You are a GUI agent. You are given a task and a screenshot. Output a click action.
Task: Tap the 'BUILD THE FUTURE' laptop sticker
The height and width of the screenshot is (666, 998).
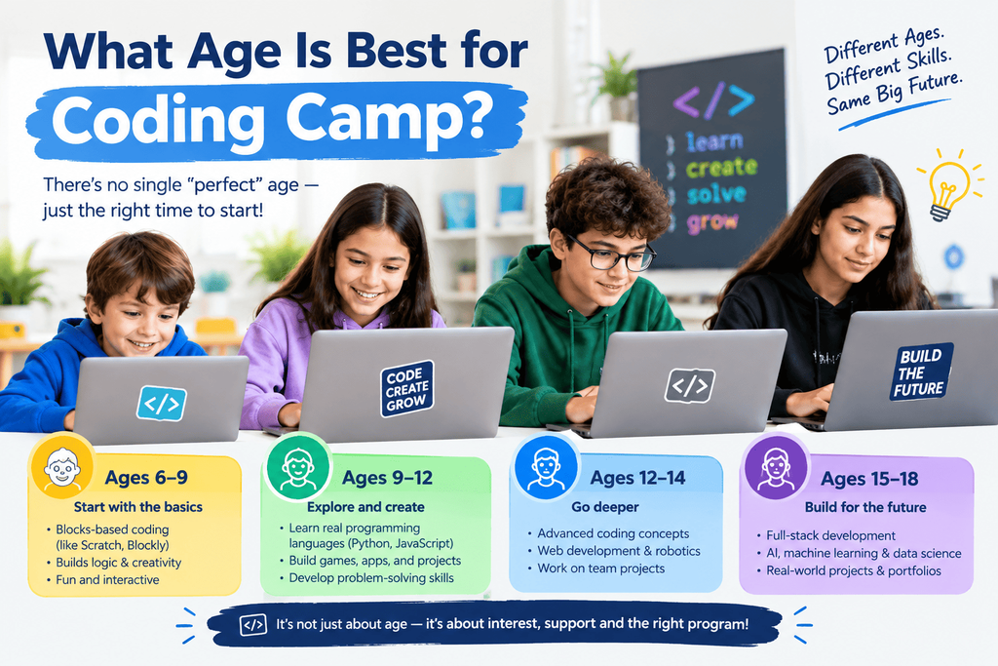pyautogui.click(x=921, y=372)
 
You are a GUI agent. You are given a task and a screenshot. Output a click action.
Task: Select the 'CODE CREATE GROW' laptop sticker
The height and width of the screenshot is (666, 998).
pyautogui.click(x=406, y=388)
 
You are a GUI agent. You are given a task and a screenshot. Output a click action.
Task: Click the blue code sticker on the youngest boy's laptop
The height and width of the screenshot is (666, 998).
pyautogui.click(x=162, y=403)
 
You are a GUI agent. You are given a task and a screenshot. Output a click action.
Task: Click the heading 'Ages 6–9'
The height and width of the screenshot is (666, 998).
pyautogui.click(x=146, y=478)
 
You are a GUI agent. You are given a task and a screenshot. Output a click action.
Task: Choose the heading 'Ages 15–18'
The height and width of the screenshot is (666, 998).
pyautogui.click(x=869, y=479)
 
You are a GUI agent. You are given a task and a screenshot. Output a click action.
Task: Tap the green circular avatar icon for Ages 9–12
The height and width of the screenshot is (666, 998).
pyautogui.click(x=298, y=469)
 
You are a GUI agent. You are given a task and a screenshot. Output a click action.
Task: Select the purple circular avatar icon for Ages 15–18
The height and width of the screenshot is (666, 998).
pyautogui.click(x=776, y=469)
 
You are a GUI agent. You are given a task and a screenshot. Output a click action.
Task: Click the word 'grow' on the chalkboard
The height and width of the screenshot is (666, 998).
pyautogui.click(x=712, y=222)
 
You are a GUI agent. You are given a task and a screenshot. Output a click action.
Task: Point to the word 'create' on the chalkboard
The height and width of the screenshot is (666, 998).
pyautogui.click(x=721, y=168)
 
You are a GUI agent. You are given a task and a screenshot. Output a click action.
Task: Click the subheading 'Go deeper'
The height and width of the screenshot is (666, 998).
pyautogui.click(x=604, y=507)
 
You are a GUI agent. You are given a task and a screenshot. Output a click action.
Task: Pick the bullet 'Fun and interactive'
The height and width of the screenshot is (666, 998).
pyautogui.click(x=107, y=580)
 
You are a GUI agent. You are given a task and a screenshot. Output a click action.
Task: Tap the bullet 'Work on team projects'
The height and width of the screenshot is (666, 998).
pyautogui.click(x=600, y=568)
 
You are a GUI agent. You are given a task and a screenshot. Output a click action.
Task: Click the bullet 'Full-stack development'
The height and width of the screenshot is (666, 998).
pyautogui.click(x=830, y=535)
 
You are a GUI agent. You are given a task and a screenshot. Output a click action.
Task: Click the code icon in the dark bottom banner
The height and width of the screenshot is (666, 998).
pyautogui.click(x=253, y=625)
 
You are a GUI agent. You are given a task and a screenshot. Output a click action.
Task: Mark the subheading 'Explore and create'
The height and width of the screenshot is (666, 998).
pyautogui.click(x=366, y=507)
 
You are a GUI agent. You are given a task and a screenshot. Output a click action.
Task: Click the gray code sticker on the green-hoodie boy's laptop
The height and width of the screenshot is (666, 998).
pyautogui.click(x=690, y=385)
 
